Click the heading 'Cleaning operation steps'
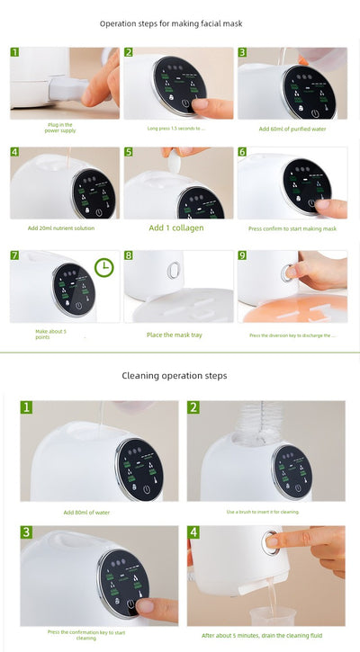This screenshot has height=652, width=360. tap(180, 374)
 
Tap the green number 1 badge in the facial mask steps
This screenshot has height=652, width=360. tap(14, 52)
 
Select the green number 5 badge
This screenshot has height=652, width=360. tap(129, 153)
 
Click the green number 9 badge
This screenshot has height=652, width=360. tap(242, 255)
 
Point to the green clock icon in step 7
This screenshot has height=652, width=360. tap(103, 268)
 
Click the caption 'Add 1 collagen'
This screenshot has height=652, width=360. tap(176, 228)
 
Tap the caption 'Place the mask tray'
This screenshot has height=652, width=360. tap(175, 335)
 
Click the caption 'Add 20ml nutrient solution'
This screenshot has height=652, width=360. tap(61, 228)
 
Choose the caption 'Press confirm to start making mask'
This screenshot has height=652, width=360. tap(292, 229)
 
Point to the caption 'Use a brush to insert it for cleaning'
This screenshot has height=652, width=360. tap(263, 512)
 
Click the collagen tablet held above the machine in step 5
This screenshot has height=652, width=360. tap(176, 154)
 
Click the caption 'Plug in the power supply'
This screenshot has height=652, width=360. tap(60, 128)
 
